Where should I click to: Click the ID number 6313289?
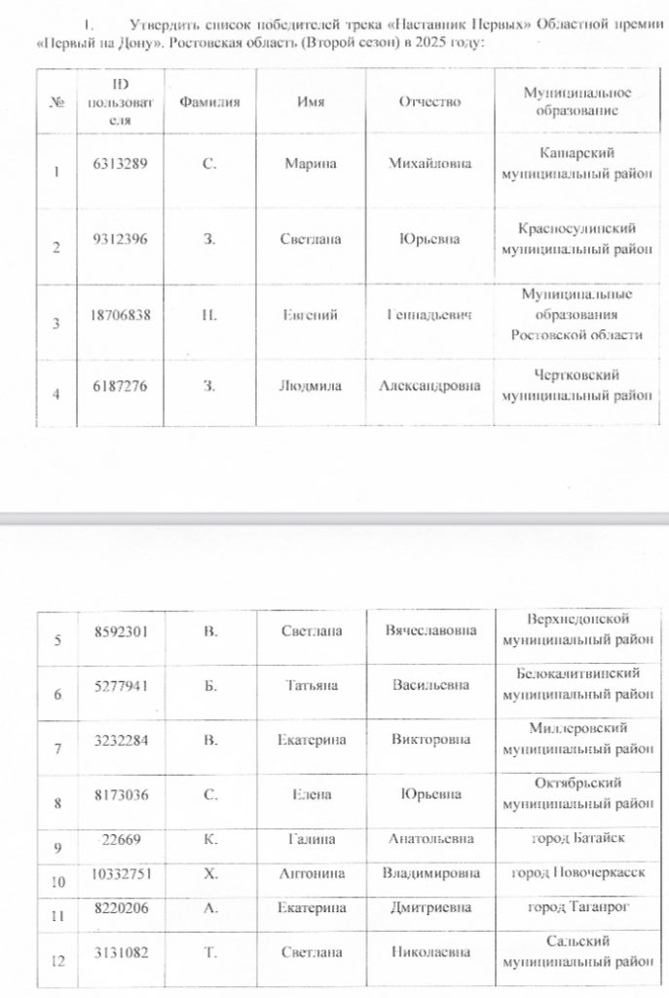pos(120,164)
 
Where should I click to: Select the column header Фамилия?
pos(209,102)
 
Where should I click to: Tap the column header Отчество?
pos(429,102)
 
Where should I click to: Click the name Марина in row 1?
pos(311,164)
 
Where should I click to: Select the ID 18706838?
pos(120,315)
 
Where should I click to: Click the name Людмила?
pos(311,386)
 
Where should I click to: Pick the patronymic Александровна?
pos(429,386)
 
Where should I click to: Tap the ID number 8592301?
pos(120,631)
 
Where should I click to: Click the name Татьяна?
pos(311,685)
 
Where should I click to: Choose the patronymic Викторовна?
pos(429,740)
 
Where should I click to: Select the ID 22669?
pos(120,838)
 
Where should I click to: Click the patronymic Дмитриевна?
pos(429,907)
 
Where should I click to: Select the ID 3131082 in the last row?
pos(120,952)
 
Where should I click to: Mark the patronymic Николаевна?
pos(429,952)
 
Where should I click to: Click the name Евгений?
pos(311,315)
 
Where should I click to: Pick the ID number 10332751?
pos(120,873)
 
